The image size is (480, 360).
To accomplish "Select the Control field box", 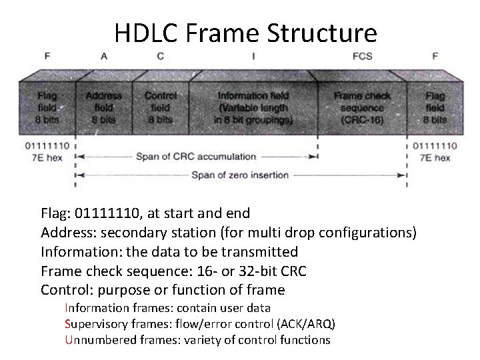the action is coord(160,107).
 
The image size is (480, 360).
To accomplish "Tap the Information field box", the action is coord(253,107).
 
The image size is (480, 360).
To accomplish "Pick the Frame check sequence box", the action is coord(362,107).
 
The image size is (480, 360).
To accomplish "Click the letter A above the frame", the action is coord(104,57).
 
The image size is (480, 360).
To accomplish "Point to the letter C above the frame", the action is coord(160,57).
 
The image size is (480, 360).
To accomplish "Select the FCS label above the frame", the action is coord(362,57).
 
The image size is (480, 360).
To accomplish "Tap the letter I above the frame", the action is coord(253,57).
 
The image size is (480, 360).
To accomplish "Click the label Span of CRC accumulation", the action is coord(195,157).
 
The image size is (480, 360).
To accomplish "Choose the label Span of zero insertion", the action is coord(240,175).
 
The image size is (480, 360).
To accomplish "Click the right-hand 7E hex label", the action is coord(435,158).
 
